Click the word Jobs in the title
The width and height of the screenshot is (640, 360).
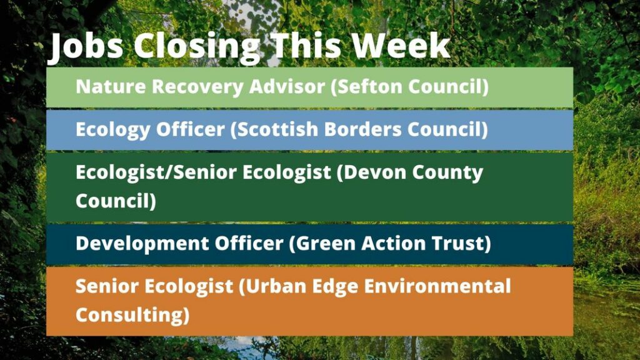tap(86, 46)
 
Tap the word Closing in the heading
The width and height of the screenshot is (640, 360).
tap(197, 46)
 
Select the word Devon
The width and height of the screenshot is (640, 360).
tap(371, 172)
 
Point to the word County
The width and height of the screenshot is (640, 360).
tap(447, 173)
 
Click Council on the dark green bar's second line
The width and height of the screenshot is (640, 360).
tap(116, 201)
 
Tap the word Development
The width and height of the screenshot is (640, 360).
tap(142, 244)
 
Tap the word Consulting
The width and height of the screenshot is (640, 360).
tap(132, 315)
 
